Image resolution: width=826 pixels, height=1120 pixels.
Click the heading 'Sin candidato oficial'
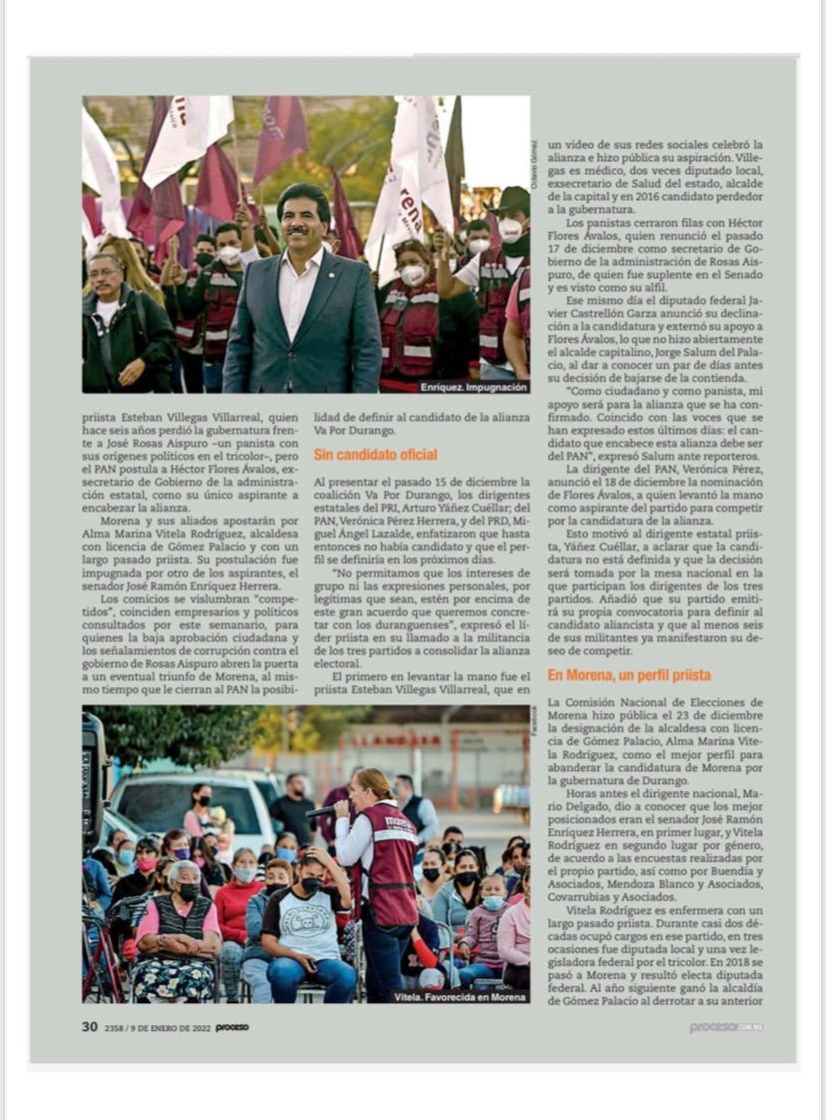375,455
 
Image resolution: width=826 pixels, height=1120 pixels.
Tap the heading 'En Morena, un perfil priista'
629,675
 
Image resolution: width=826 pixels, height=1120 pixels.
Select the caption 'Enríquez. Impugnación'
473,386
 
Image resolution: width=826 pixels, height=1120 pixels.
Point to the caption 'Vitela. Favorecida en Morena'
460,996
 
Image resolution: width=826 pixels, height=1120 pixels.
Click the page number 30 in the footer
90,1026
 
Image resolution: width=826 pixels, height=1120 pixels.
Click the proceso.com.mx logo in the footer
725,1027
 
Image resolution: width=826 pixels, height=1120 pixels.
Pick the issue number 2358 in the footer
116,1027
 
